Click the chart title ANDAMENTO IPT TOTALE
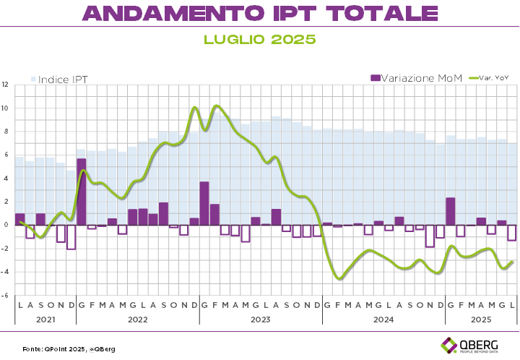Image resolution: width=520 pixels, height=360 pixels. (260, 13)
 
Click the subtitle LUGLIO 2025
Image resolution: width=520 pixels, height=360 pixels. (260, 40)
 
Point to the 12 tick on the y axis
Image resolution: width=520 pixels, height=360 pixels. (6, 85)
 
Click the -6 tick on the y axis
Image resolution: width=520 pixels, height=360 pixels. (6, 295)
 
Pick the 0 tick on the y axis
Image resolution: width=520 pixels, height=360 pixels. (6, 225)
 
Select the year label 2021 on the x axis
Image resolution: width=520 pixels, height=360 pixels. (45, 318)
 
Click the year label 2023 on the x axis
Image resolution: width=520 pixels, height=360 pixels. (260, 318)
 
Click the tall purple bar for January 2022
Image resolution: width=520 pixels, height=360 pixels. (81, 192)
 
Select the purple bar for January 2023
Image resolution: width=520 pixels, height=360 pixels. (204, 203)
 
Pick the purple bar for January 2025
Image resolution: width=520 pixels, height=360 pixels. (451, 211)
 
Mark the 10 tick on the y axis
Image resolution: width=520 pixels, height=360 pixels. (6, 108)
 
